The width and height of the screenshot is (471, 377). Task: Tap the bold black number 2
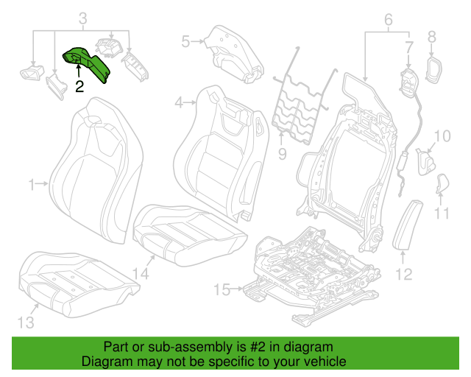79,87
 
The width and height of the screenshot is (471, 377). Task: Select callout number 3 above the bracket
83,18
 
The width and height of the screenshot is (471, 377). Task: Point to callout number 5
185,41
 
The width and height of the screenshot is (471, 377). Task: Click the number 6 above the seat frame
389,20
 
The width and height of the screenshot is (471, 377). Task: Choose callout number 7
409,47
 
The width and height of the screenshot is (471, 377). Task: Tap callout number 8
432,37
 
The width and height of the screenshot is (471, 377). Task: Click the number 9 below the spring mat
282,154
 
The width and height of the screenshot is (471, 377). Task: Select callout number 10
442,136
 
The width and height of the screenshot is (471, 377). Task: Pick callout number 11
442,214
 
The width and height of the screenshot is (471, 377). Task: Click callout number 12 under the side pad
404,274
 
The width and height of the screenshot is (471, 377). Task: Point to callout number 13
26,323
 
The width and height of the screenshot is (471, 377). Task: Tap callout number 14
141,274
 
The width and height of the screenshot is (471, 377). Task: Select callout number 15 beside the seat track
222,290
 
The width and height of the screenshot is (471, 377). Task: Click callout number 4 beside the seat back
179,103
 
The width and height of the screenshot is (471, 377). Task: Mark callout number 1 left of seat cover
32,185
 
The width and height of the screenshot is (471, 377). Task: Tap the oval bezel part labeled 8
434,70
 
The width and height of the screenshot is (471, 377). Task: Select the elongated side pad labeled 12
408,225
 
